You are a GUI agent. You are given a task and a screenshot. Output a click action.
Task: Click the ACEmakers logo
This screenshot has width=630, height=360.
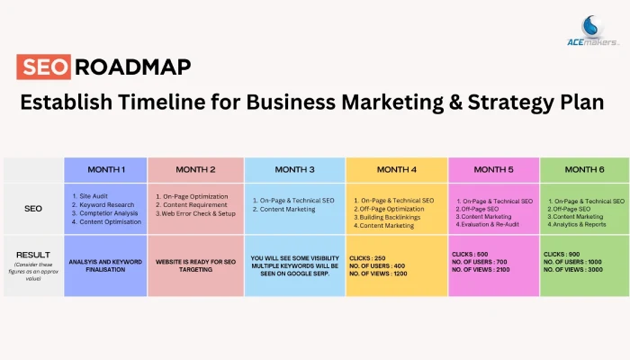point(592,31)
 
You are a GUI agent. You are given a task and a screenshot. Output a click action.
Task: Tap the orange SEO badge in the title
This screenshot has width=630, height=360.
point(44,67)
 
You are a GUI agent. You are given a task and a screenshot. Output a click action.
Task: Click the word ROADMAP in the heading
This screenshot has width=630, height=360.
point(133,67)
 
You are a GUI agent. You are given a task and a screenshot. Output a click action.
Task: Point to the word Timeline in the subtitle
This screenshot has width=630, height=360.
point(162,102)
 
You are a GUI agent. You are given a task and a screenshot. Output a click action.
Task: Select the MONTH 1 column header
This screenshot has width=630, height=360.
point(106,169)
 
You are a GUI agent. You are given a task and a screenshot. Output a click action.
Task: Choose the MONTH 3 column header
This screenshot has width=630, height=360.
point(294,169)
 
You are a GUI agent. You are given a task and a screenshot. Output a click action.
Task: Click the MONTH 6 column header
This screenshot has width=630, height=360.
point(585,169)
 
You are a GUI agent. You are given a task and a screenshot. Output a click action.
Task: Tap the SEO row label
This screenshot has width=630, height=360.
point(33,209)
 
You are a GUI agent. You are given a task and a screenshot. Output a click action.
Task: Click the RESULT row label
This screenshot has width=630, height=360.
point(33,255)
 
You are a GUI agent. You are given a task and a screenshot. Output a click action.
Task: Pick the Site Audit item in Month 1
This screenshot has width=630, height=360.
point(90,196)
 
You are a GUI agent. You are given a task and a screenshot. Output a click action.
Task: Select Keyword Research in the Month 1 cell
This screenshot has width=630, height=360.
point(103,204)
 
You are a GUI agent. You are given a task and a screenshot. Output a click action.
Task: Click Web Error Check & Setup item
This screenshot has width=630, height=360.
point(195,213)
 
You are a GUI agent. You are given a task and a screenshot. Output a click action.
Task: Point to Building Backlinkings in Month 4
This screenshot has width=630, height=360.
point(387,217)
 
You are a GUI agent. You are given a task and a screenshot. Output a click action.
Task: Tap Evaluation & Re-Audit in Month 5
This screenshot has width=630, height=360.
point(488,224)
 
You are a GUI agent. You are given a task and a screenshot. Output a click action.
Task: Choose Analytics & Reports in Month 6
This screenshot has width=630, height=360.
point(577,224)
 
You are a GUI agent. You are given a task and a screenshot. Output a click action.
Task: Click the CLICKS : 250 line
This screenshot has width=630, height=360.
point(367,258)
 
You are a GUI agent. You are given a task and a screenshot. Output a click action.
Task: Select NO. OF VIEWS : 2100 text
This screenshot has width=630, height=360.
point(481,270)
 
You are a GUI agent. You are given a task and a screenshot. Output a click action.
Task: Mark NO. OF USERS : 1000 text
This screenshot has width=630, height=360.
point(572,262)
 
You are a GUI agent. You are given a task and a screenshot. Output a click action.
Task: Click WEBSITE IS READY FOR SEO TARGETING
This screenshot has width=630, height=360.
point(195,265)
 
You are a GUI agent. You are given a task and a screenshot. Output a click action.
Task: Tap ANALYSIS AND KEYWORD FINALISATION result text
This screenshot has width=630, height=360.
point(105,265)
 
